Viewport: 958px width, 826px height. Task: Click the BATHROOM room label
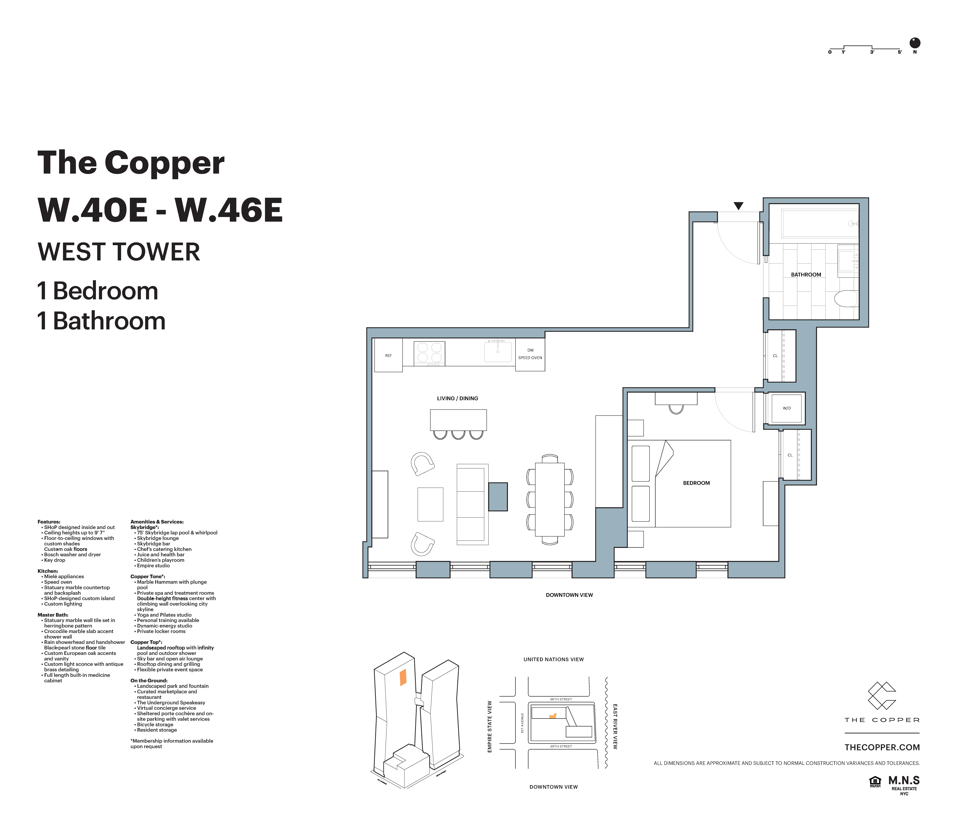click(806, 274)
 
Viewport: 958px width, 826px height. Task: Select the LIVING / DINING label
click(457, 398)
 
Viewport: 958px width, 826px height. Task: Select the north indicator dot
click(915, 43)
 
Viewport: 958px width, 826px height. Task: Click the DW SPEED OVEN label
click(530, 354)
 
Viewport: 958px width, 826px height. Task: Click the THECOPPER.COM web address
click(882, 747)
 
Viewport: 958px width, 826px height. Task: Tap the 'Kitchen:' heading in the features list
click(48, 571)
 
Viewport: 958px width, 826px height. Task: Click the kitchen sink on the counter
click(498, 352)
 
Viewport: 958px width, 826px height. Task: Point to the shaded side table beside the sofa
click(498, 497)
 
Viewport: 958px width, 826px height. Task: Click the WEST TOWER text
click(119, 252)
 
